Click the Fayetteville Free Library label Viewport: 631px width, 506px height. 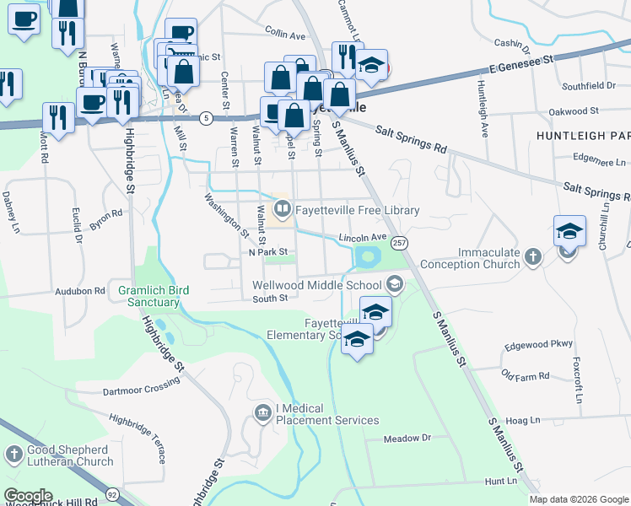click(x=357, y=211)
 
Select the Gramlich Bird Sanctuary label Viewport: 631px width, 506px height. click(x=154, y=296)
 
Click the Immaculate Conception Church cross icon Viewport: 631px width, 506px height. click(x=532, y=256)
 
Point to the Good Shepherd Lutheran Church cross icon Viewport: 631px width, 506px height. click(x=13, y=455)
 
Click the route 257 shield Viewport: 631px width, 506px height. click(x=400, y=243)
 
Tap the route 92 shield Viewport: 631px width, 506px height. click(x=111, y=493)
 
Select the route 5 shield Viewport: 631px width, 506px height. click(x=206, y=118)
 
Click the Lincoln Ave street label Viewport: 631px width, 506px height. click(x=362, y=238)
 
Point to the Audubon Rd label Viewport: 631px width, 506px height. click(x=83, y=290)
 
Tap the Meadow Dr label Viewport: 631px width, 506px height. click(x=407, y=439)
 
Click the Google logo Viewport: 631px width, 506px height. click(x=29, y=497)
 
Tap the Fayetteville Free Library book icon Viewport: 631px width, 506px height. click(x=282, y=207)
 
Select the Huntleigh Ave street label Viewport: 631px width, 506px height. click(x=484, y=110)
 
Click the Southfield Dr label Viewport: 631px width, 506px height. click(x=589, y=86)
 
